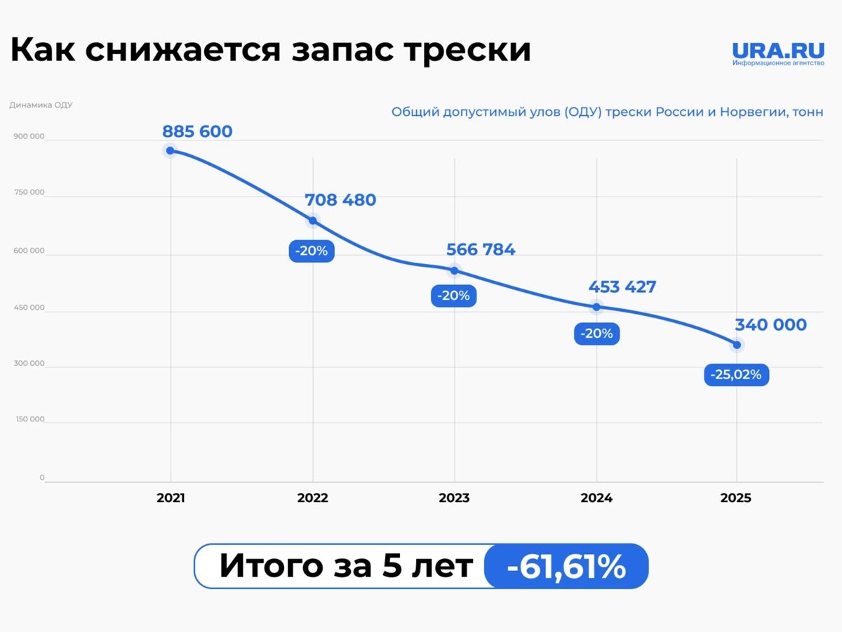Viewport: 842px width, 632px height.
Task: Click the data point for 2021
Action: (x=170, y=150)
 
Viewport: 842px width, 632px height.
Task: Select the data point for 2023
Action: (x=454, y=270)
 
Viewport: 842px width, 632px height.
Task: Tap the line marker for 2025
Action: (x=737, y=345)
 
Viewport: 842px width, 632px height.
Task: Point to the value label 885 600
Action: (x=197, y=131)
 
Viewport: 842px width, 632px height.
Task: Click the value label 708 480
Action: (x=340, y=200)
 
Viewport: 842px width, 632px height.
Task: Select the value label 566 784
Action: (x=481, y=249)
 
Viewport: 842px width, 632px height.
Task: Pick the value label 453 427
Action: (x=622, y=287)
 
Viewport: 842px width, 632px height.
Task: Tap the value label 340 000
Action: (x=770, y=325)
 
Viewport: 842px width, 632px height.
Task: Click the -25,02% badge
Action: (x=736, y=375)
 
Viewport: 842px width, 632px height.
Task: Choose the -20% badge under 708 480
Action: (x=312, y=251)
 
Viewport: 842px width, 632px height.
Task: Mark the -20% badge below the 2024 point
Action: (x=596, y=334)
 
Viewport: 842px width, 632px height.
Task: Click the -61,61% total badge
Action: (x=566, y=566)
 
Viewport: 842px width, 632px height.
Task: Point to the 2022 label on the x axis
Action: (x=312, y=498)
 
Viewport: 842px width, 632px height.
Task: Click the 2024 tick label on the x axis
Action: (x=596, y=498)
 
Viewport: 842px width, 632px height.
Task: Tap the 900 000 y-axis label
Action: (x=29, y=137)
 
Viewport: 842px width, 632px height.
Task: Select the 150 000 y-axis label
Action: (x=29, y=419)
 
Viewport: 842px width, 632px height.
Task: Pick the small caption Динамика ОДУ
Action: (x=41, y=105)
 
